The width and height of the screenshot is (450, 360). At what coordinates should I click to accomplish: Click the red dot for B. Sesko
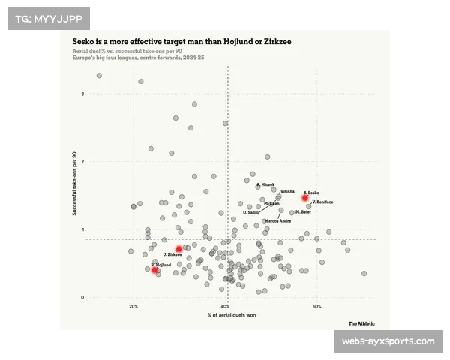click(305, 198)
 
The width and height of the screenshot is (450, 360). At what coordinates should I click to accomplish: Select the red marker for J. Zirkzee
click(178, 249)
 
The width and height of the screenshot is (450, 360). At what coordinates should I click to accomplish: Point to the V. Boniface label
click(322, 202)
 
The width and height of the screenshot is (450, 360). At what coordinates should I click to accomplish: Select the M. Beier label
click(303, 212)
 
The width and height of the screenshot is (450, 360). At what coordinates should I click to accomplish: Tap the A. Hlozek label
click(265, 184)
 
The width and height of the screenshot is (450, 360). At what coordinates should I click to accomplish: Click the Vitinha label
click(287, 192)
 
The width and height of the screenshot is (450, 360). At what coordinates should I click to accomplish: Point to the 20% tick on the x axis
click(133, 307)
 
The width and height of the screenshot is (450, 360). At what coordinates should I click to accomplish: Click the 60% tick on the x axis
click(317, 307)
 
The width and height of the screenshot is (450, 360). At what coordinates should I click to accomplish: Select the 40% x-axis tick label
click(226, 307)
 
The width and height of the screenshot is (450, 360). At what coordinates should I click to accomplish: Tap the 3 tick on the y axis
click(82, 94)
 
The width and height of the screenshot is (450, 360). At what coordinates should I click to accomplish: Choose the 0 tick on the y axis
click(82, 298)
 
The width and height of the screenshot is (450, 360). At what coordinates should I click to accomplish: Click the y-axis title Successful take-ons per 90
click(74, 184)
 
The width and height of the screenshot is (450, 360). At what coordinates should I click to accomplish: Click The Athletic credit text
click(362, 323)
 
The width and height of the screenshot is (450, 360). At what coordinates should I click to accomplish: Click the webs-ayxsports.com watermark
click(388, 341)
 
